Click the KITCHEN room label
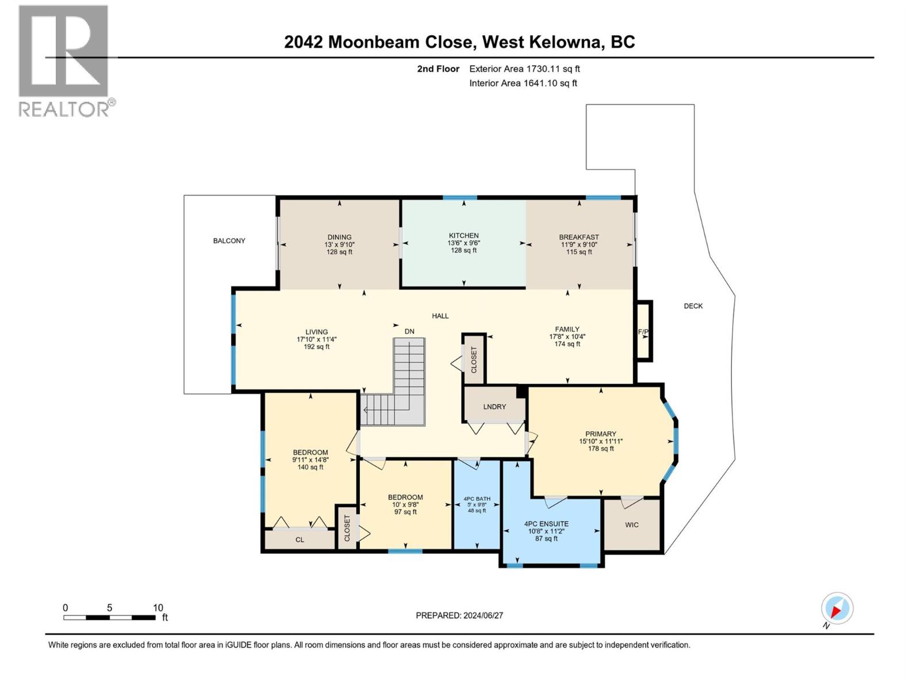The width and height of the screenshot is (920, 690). pos(463,235)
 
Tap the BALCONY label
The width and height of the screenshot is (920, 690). pos(229,241)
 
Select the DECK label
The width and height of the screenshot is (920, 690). pos(693,306)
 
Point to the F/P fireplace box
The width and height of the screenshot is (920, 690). pos(643,332)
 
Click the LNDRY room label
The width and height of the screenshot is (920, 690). pos(494,407)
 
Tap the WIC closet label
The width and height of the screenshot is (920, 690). pos(631,525)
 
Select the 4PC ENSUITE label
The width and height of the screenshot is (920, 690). pos(546,524)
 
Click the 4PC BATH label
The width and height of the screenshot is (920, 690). pos(477,499)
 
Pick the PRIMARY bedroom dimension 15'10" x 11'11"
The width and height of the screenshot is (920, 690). pos(601,442)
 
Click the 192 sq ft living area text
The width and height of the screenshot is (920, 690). pos(316,347)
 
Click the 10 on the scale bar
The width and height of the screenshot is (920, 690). pos(158,608)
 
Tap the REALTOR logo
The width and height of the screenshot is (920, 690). pos(64,60)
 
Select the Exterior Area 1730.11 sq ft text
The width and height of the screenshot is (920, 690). pos(524,68)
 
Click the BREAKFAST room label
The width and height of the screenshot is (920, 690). pos(578,237)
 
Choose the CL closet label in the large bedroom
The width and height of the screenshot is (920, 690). pos(300,539)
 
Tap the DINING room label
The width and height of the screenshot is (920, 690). pos(339,237)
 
